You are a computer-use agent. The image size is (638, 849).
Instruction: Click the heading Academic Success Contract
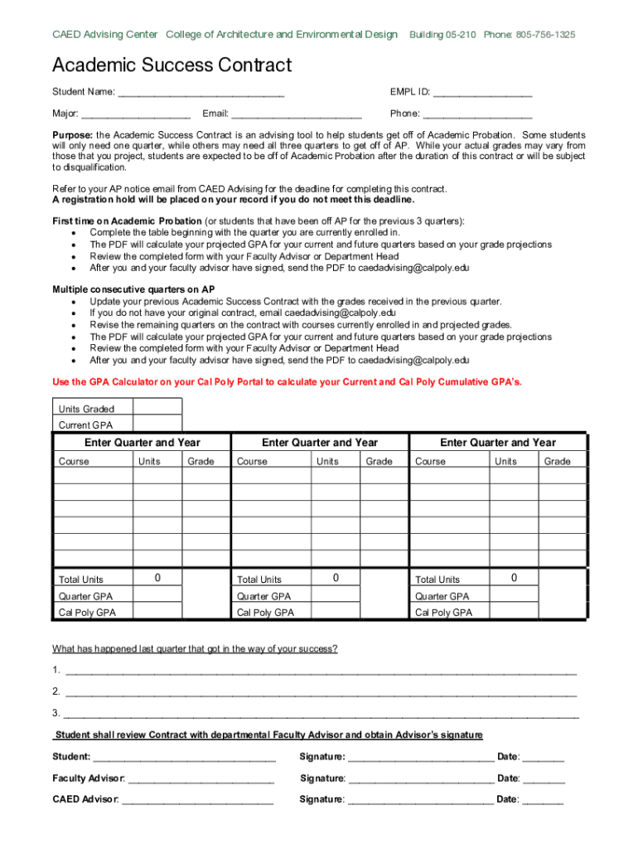tap(172, 65)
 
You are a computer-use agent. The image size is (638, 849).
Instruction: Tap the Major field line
tap(136, 114)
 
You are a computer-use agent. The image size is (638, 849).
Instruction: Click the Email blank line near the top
tap(296, 114)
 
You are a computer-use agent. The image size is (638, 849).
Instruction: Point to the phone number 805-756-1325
tap(546, 35)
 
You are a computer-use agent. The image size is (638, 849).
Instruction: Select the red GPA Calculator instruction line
tap(287, 381)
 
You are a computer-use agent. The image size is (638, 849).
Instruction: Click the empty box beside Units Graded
tap(157, 407)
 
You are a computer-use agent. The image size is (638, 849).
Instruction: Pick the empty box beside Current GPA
tap(157, 424)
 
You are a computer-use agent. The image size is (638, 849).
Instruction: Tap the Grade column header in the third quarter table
tap(557, 462)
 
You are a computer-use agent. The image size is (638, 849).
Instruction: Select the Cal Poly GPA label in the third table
tap(443, 613)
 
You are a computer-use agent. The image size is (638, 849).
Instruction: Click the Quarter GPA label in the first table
tap(85, 596)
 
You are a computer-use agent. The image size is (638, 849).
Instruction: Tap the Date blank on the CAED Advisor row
tap(544, 800)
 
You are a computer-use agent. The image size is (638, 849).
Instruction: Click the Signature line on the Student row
tap(421, 758)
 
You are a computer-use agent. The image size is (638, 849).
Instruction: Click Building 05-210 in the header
tap(442, 35)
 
